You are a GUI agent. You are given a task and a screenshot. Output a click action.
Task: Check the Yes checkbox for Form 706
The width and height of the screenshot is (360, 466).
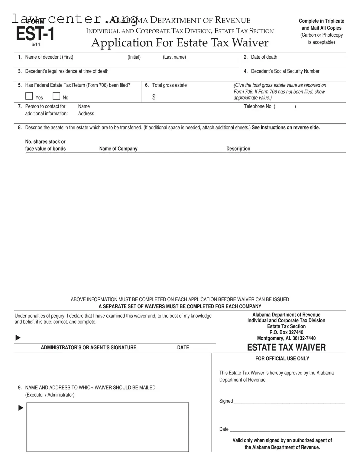pyautogui.click(x=29, y=96)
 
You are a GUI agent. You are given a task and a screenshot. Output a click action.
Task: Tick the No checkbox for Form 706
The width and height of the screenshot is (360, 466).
pyautogui.click(x=56, y=96)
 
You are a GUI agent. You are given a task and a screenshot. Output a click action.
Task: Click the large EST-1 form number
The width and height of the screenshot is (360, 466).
pyautogui.click(x=35, y=34)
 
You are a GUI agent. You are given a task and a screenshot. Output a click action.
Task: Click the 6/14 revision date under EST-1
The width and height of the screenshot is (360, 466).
pyautogui.click(x=36, y=44)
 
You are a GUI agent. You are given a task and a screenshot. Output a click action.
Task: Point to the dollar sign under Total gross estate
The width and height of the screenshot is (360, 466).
pyautogui.click(x=154, y=97)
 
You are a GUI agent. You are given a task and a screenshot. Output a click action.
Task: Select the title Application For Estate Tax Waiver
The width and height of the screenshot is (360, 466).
pyautogui.click(x=180, y=43)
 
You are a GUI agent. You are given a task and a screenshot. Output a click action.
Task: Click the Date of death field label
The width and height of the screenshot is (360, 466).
pyautogui.click(x=264, y=57)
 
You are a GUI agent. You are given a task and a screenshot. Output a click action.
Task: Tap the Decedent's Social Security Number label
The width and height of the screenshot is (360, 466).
pyautogui.click(x=285, y=71)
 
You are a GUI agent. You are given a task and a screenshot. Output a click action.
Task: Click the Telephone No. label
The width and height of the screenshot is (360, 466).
pyautogui.click(x=259, y=106)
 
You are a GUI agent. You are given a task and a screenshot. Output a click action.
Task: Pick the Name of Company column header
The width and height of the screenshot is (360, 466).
pyautogui.click(x=118, y=149)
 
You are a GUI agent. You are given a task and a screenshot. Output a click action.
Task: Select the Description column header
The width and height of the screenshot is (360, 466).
pyautogui.click(x=238, y=149)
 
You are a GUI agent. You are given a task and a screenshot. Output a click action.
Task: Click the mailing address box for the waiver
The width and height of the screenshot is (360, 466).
pyautogui.click(x=107, y=427)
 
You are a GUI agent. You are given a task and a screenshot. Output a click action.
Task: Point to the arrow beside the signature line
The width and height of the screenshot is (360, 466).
pyautogui.click(x=18, y=338)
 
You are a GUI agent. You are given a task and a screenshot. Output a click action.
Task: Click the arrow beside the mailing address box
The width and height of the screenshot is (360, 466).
pyautogui.click(x=21, y=408)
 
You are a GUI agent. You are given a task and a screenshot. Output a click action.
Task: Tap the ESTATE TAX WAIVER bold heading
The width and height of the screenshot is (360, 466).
pyautogui.click(x=286, y=347)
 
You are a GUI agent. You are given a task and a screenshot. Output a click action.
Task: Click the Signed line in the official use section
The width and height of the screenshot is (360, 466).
pyautogui.click(x=289, y=401)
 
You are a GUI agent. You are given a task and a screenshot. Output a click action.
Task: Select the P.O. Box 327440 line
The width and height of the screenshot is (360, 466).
pyautogui.click(x=286, y=332)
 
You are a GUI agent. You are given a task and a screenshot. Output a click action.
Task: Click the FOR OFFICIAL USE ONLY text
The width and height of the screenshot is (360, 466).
pyautogui.click(x=282, y=359)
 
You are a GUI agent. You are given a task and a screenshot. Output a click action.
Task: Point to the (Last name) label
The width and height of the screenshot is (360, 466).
pyautogui.click(x=174, y=57)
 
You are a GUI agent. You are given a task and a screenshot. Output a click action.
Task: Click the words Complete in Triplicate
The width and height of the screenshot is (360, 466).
pyautogui.click(x=321, y=21)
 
